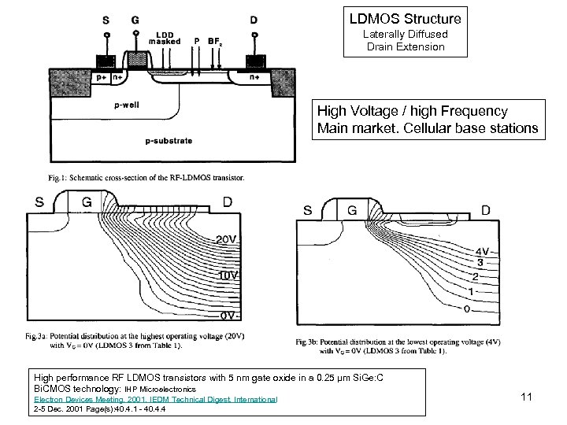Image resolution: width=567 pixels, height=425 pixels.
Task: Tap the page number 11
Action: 528,397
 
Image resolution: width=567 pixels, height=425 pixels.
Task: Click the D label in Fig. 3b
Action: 486,210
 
